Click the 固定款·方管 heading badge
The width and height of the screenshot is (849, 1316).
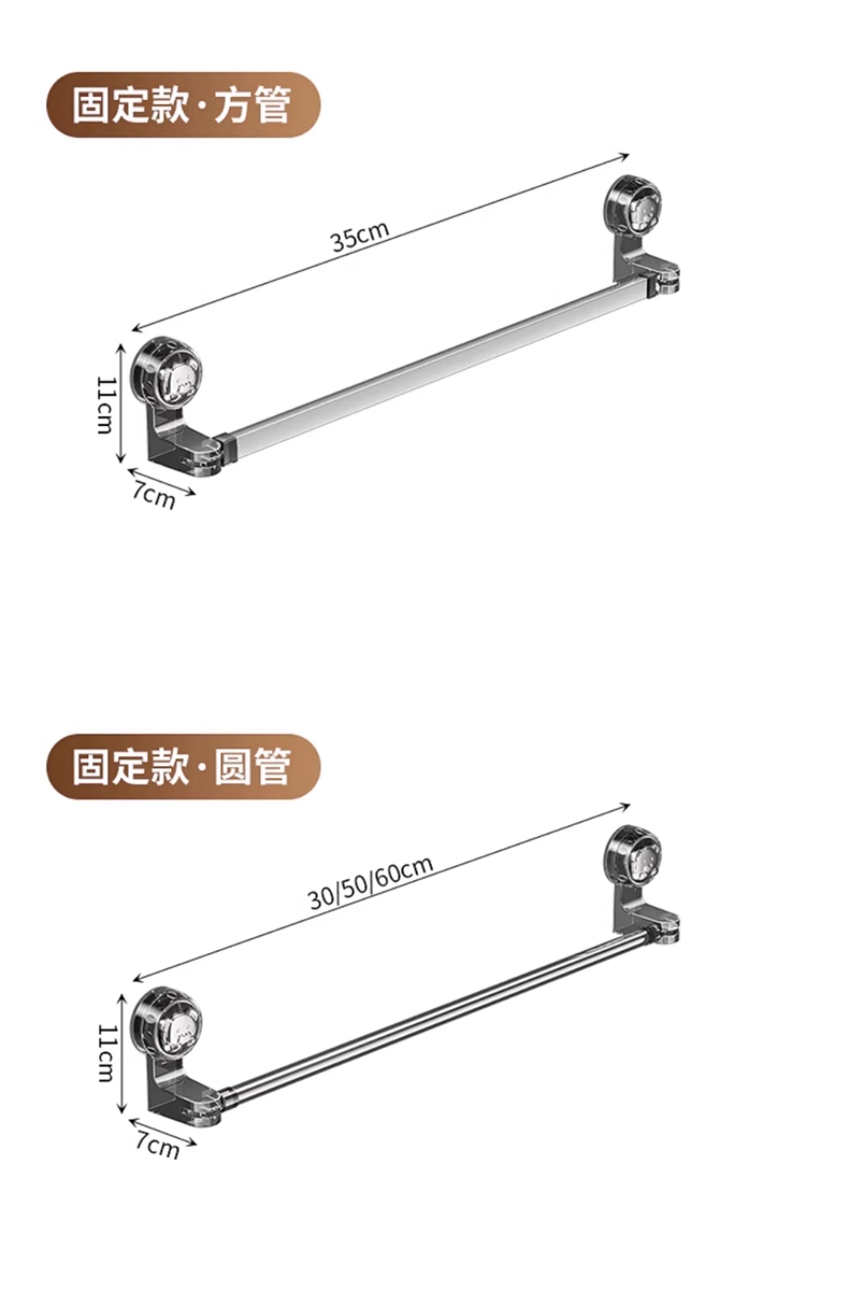point(183,105)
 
